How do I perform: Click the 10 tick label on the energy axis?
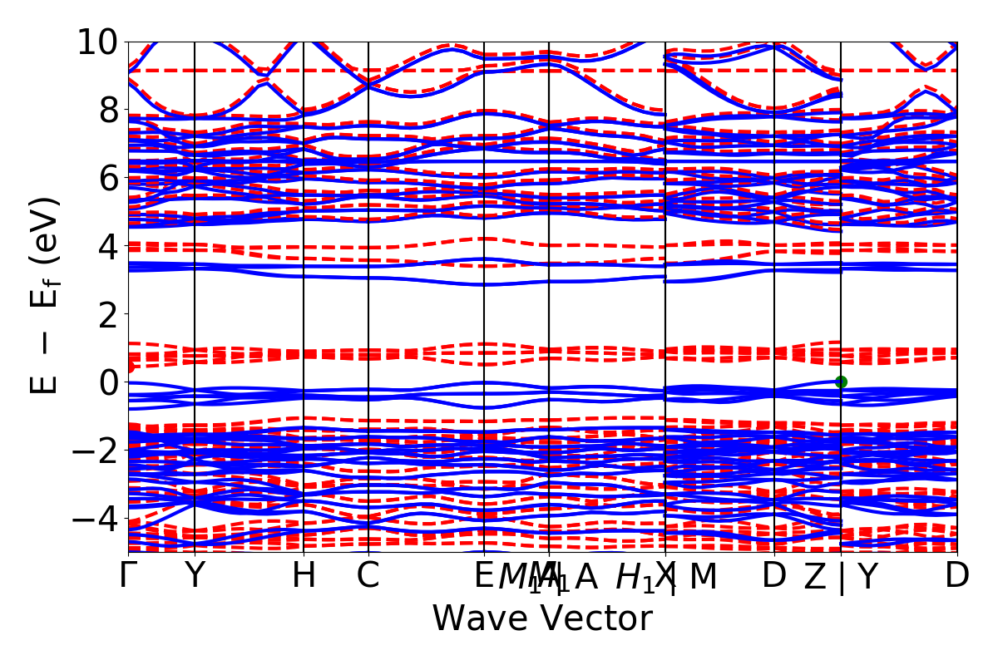(x=98, y=42)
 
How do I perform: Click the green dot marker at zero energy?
(x=841, y=382)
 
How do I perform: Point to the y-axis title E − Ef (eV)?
(x=45, y=296)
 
